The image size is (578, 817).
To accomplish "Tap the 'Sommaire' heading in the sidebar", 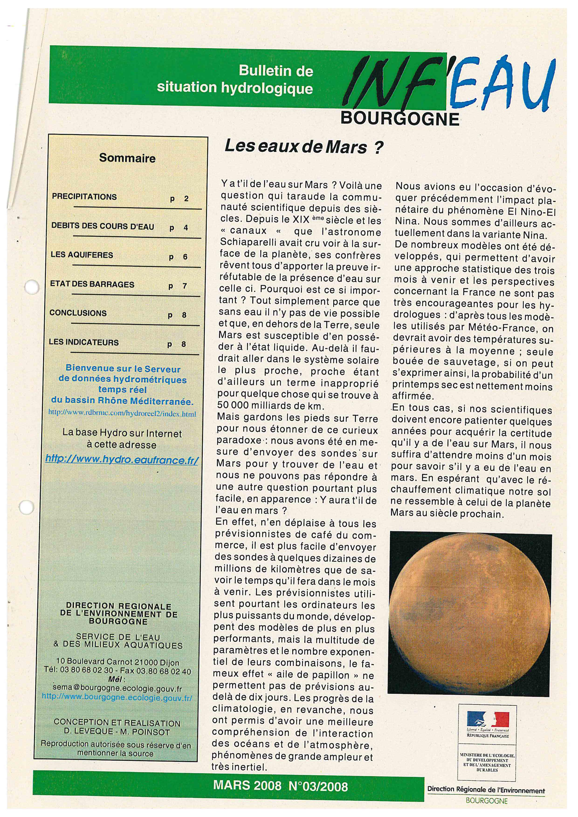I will coord(127,158).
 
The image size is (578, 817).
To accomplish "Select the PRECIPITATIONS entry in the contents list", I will coord(84,197).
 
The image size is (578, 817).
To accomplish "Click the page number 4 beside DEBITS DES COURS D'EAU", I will coord(186,228).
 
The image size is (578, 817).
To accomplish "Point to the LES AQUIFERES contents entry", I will coord(82,255).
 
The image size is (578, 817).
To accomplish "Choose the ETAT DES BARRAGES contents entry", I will coord(92,284).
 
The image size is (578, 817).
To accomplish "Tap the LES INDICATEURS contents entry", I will coord(84,342).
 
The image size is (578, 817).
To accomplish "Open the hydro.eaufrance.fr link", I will coord(122,459).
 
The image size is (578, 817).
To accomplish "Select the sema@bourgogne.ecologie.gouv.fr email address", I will coord(117,689).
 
